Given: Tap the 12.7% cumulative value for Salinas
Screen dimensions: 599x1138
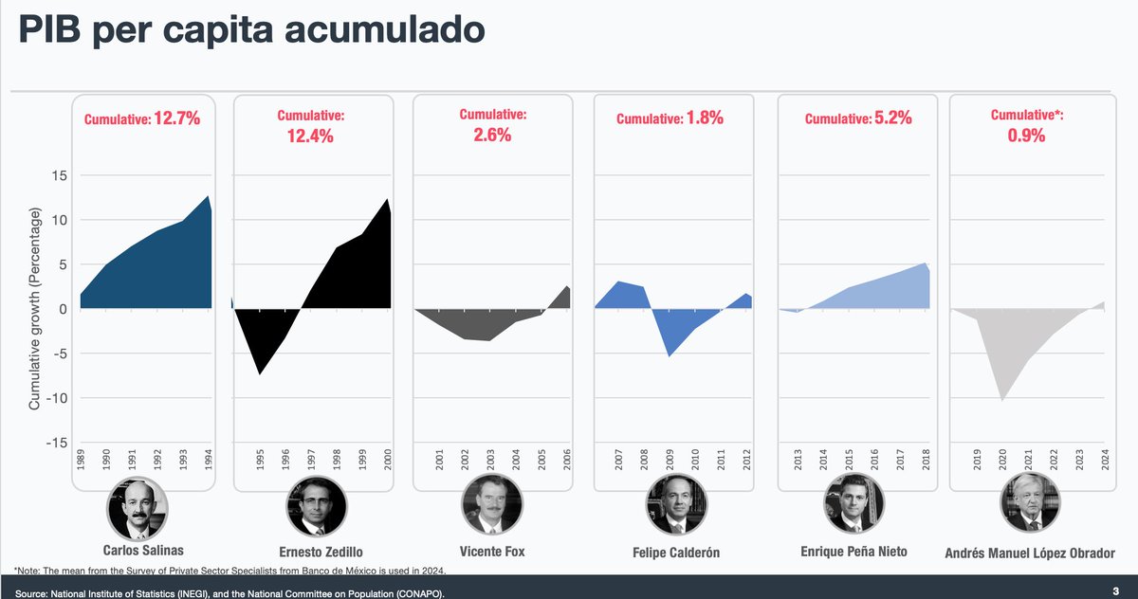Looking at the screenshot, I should pyautogui.click(x=176, y=119).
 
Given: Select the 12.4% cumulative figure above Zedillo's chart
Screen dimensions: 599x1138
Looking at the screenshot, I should pyautogui.click(x=311, y=136).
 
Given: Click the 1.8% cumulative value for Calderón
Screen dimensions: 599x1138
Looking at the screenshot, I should pyautogui.click(x=703, y=119).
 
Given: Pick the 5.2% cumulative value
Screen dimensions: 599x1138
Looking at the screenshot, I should pyautogui.click(x=890, y=119).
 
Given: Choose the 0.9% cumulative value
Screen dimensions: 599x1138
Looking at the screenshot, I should pyautogui.click(x=1026, y=136).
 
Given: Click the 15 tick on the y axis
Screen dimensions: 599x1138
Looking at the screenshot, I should pyautogui.click(x=60, y=176).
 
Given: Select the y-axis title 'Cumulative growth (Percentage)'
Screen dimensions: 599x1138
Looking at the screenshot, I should pyautogui.click(x=34, y=311).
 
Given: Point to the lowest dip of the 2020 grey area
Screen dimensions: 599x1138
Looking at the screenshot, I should pyautogui.click(x=1002, y=400).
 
